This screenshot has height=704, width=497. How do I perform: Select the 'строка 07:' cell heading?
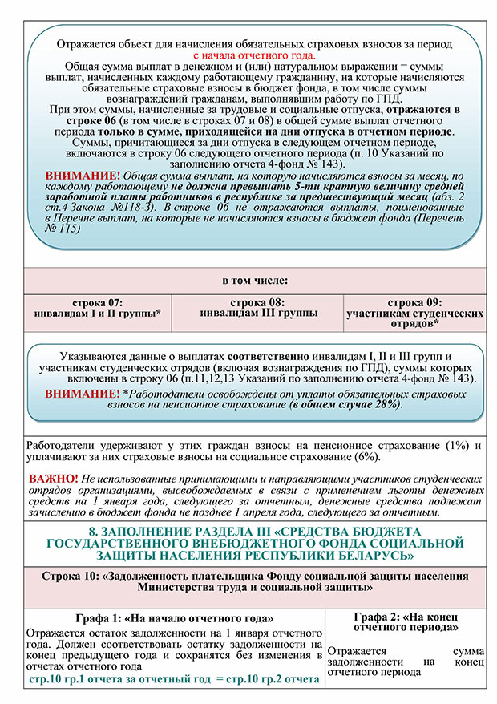[97, 302]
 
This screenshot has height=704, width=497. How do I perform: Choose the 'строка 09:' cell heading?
[414, 302]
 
